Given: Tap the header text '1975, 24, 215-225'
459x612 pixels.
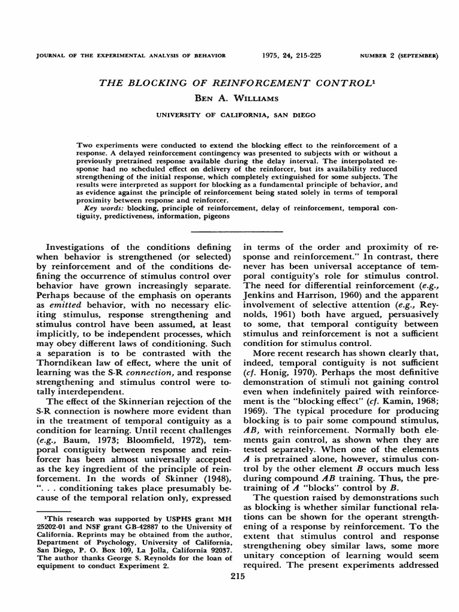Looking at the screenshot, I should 292,56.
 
